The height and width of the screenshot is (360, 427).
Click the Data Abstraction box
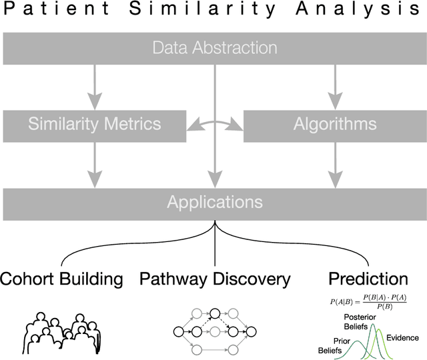point(213,48)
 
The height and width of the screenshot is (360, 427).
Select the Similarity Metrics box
point(94,124)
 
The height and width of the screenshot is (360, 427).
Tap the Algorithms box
point(334,124)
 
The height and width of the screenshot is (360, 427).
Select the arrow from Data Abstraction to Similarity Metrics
point(94,87)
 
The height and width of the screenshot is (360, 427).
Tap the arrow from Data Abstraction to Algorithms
point(334,87)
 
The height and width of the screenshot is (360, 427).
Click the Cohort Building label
point(62,279)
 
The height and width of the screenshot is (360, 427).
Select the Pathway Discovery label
point(215,279)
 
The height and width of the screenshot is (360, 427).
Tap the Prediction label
point(369,279)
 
